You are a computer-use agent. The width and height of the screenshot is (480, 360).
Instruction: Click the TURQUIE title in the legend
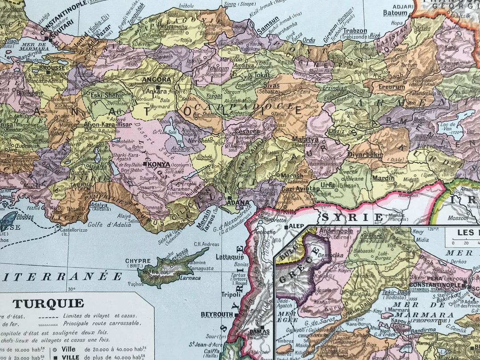[x=48, y=304]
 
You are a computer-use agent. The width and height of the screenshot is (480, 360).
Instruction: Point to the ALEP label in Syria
[x=296, y=226]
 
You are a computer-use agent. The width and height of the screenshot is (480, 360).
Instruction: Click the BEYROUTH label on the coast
[x=217, y=314]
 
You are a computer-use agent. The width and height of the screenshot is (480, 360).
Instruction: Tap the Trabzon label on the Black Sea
[x=355, y=31]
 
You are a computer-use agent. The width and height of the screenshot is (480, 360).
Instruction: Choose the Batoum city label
[x=395, y=13]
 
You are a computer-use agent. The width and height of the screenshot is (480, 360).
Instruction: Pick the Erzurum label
[x=392, y=87]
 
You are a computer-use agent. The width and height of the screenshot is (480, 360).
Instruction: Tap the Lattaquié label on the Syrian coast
[x=230, y=257]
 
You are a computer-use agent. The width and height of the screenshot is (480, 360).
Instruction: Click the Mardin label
[x=384, y=178]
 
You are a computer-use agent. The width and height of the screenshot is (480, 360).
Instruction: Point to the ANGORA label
[x=156, y=80]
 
